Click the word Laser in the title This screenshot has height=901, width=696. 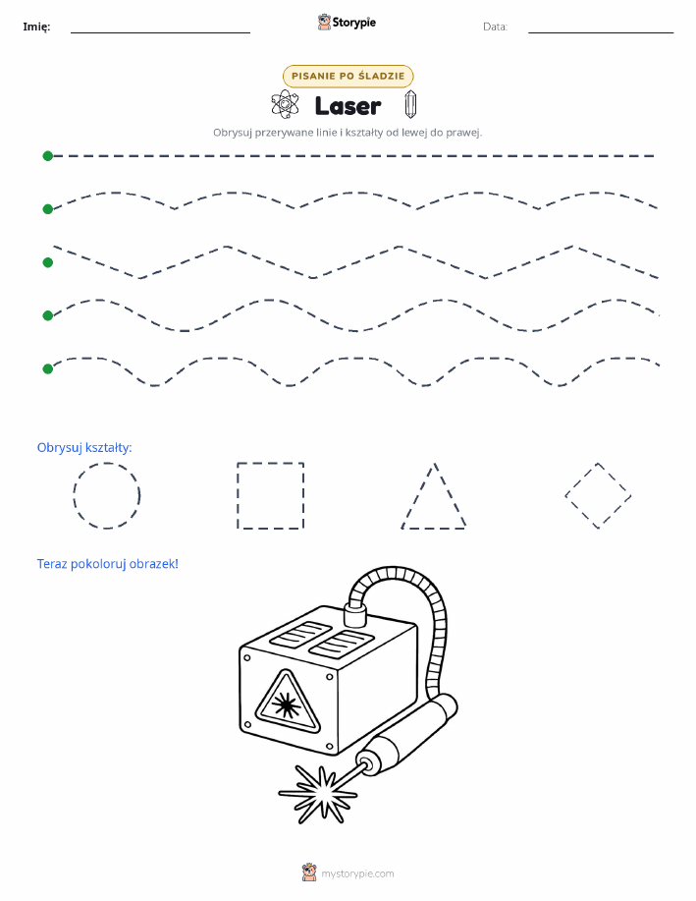coord(348,106)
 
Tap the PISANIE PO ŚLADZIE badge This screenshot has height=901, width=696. coord(348,76)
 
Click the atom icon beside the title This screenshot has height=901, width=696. coord(285,104)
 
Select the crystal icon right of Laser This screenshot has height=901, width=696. coord(410,104)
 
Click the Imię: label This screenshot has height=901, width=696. coord(36,27)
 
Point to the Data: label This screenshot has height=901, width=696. coord(495,27)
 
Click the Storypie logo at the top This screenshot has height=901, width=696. coord(347,23)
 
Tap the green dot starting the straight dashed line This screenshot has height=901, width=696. coord(48,155)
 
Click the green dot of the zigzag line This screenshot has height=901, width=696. coord(48,262)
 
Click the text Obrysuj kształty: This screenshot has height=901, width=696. coord(84,448)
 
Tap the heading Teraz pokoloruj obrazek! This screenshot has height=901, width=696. coord(107,564)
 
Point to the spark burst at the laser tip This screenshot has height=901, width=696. coord(317,795)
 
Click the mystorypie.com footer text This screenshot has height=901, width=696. coord(357,873)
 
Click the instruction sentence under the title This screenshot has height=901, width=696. coord(348,133)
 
